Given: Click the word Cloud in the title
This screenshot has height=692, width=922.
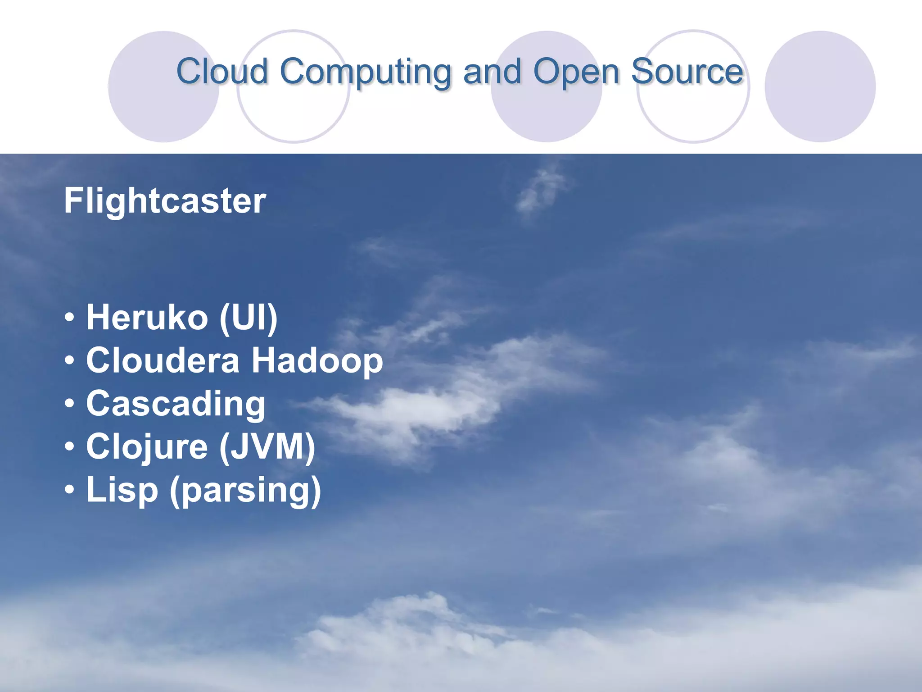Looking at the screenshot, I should tap(222, 71).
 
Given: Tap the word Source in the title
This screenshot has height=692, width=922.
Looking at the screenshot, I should tap(687, 71).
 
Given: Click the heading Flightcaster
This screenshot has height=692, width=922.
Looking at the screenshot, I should tap(165, 200).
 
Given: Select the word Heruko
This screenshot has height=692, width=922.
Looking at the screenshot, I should tap(147, 317).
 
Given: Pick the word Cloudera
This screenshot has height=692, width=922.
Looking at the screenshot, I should tap(163, 360).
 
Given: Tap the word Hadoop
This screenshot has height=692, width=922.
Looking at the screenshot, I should tap(317, 360).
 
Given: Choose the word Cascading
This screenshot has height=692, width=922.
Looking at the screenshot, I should tap(176, 404).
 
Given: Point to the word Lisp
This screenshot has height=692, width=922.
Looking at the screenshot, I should tap(122, 490).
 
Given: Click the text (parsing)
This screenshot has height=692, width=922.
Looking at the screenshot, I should tap(245, 490).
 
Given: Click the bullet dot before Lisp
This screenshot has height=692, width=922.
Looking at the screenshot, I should tap(69, 490).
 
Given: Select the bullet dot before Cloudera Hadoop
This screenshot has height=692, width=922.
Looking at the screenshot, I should tap(69, 361).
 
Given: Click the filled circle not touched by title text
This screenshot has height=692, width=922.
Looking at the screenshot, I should tap(820, 86).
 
